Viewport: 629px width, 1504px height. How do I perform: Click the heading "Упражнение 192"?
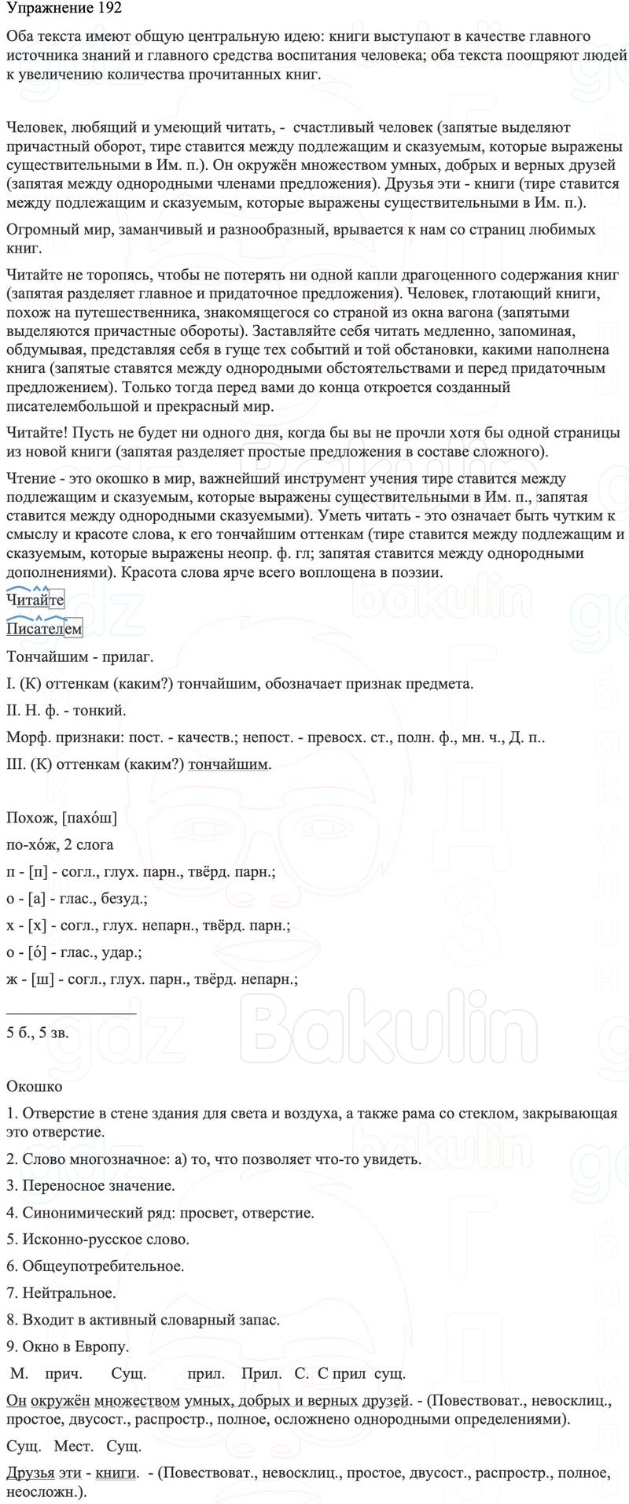pyautogui.click(x=64, y=12)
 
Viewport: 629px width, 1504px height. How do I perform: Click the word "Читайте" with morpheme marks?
pyautogui.click(x=35, y=600)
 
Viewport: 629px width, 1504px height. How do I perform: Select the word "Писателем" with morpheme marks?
pyautogui.click(x=43, y=628)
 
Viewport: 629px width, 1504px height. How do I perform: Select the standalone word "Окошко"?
pyautogui.click(x=34, y=1087)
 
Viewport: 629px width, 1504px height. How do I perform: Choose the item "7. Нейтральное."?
pyautogui.click(x=61, y=1292)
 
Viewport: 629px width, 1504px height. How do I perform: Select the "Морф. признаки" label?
pyautogui.click(x=59, y=737)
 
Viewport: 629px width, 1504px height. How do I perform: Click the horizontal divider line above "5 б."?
pyautogui.click(x=71, y=1014)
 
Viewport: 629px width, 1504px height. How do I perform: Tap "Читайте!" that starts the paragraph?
pyautogui.click(x=35, y=433)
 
